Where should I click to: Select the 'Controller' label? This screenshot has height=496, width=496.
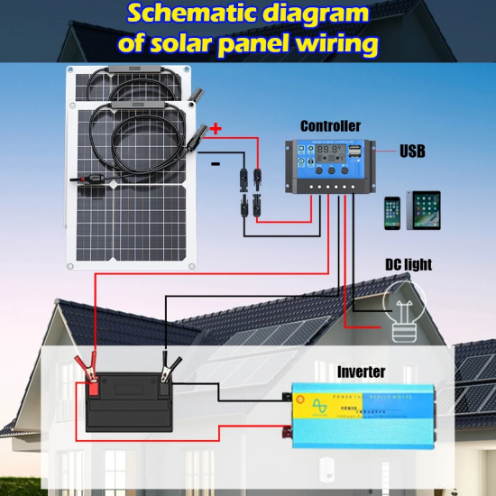coord(329,126)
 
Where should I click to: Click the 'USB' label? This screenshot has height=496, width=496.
coord(413,152)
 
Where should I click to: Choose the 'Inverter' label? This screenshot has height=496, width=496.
coord(361,372)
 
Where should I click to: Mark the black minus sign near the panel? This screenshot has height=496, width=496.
coord(215,163)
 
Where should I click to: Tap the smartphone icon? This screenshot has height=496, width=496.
coord(391,214)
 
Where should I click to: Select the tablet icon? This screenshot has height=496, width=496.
coord(424,210)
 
